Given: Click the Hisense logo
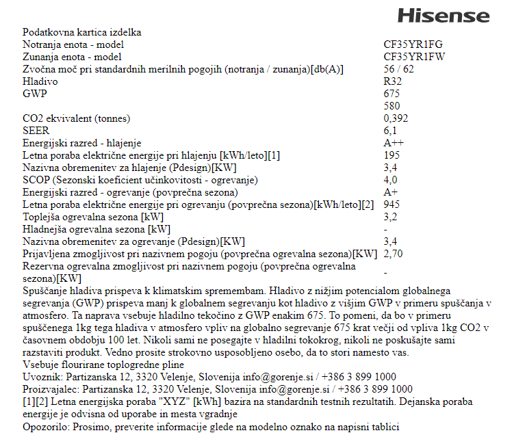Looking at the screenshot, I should (444, 15).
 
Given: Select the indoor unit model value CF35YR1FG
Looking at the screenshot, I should (413, 44).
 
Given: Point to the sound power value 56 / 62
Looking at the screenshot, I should (399, 69).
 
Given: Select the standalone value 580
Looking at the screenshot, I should (392, 106).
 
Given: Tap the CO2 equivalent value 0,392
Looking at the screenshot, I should (396, 118).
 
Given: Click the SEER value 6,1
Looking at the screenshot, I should (390, 131).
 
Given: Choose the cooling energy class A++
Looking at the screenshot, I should (394, 143).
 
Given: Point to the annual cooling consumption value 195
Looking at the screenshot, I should (391, 155).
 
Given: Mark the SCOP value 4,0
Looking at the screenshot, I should (390, 180).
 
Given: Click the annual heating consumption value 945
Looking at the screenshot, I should (391, 205).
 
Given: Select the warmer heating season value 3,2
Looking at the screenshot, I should (390, 217).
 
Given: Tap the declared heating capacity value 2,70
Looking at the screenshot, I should (394, 254).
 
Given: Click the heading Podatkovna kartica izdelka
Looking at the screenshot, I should (82, 32).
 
